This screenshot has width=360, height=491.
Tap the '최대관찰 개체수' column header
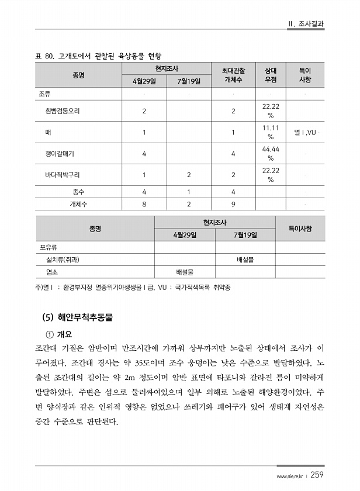pos(233,75)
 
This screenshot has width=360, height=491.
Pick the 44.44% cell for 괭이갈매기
pos(271,154)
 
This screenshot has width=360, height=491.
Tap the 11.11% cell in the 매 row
pos(271,132)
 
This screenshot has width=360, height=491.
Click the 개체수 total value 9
pos(233,204)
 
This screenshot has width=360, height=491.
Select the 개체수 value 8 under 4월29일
pos(144,204)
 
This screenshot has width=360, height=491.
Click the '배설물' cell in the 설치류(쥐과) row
pos(245,259)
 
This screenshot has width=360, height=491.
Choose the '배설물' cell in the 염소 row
pos(185,272)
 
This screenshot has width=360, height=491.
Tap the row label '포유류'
pos(49,247)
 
